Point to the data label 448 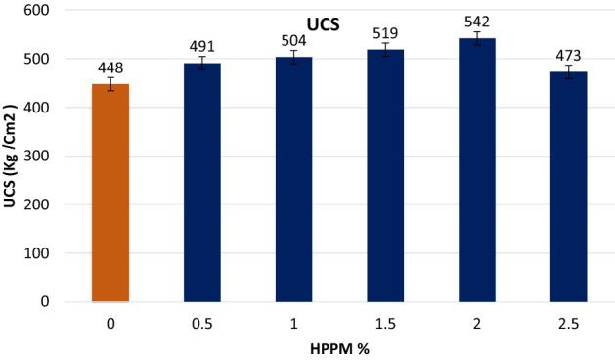tap(110, 67)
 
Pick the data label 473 tap(568, 55)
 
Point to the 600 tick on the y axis tap(44, 11)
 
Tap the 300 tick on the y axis tap(44, 157)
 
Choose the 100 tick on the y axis tap(44, 253)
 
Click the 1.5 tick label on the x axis tap(385, 321)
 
